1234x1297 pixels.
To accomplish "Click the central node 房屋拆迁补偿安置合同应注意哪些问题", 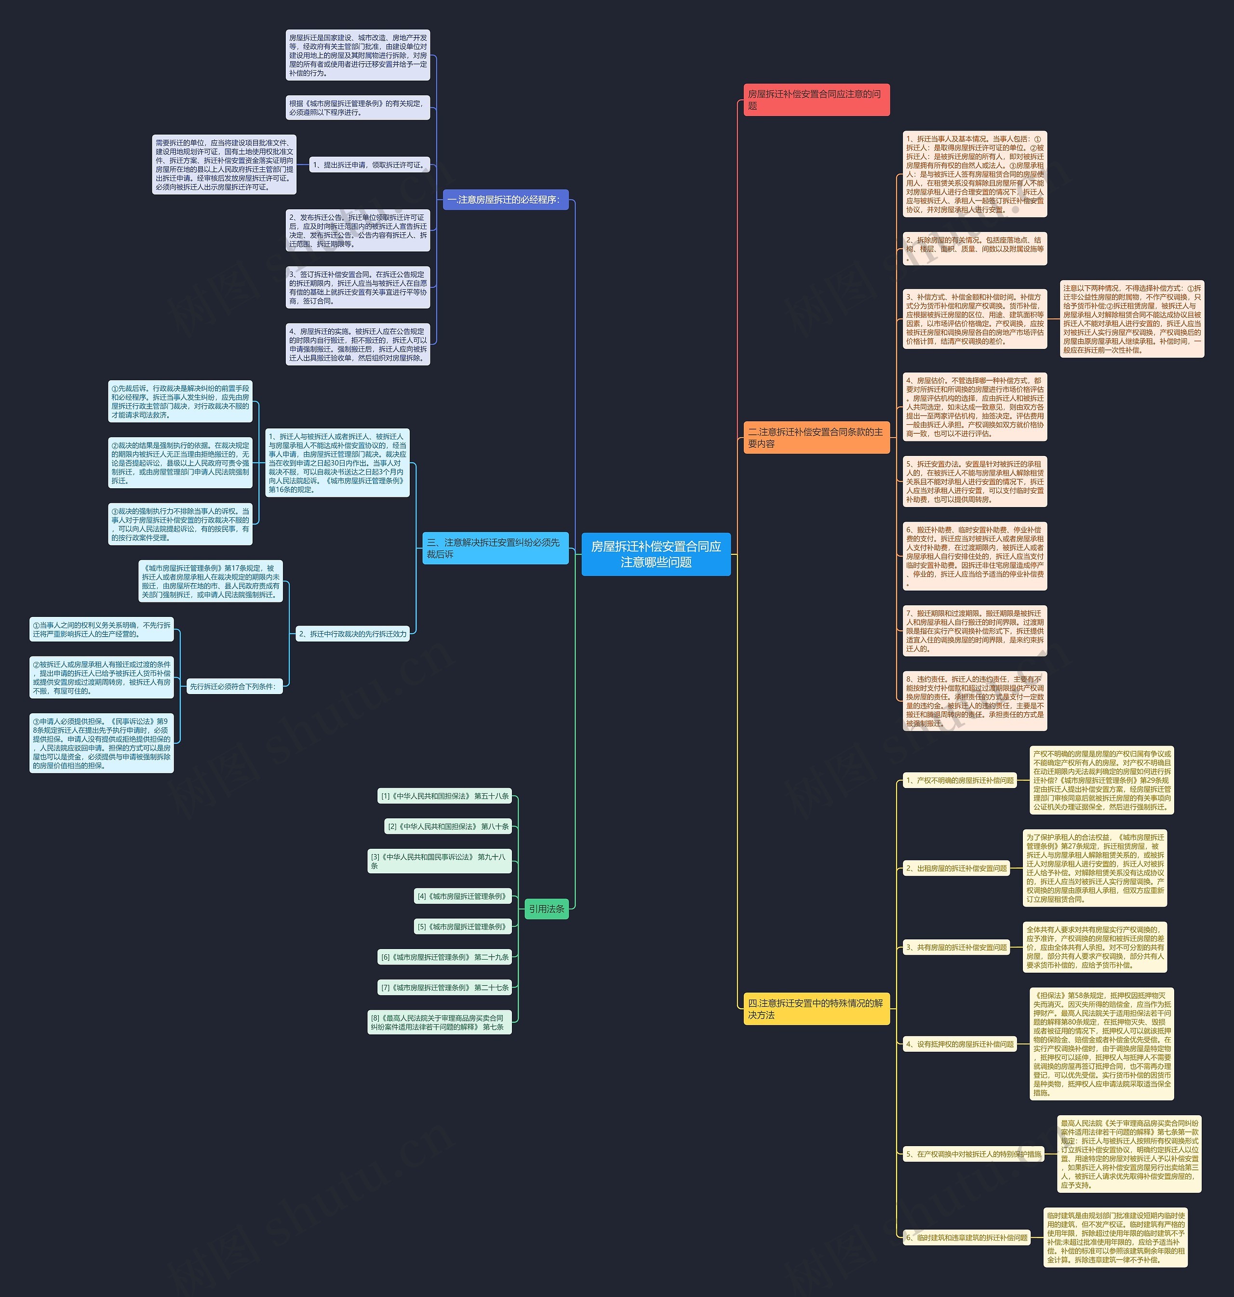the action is [656, 554].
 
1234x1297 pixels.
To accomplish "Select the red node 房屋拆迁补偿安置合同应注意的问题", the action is [816, 100].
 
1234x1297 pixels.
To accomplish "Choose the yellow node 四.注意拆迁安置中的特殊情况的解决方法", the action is [816, 1009].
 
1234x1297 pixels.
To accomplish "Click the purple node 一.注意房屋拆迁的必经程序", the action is [505, 199].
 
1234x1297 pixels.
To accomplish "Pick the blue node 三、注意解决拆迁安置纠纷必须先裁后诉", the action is [495, 548].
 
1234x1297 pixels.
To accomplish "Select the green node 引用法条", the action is [547, 909].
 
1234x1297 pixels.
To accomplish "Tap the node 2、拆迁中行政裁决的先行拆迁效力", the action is [352, 634].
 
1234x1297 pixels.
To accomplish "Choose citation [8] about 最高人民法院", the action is [439, 1022].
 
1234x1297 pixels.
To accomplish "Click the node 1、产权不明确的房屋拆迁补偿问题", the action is [960, 781].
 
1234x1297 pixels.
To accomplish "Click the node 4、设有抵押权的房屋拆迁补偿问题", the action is [960, 1044].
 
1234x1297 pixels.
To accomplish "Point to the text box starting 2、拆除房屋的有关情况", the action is [974, 249].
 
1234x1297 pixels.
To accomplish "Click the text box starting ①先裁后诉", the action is [180, 401].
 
